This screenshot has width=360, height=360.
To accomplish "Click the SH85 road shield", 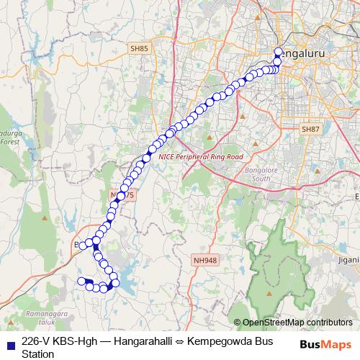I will tap(140, 48).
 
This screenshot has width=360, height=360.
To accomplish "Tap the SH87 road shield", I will tap(310, 129).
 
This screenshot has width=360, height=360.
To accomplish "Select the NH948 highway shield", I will tap(204, 259).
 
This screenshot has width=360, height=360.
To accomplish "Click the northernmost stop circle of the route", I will tap(279, 52).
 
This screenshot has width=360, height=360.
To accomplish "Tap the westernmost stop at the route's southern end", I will tap(81, 280).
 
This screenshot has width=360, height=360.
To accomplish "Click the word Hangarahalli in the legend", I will tap(135, 341).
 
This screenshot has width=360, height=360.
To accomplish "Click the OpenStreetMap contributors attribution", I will tap(297, 323).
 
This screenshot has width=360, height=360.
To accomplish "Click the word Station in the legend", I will tap(38, 354).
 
